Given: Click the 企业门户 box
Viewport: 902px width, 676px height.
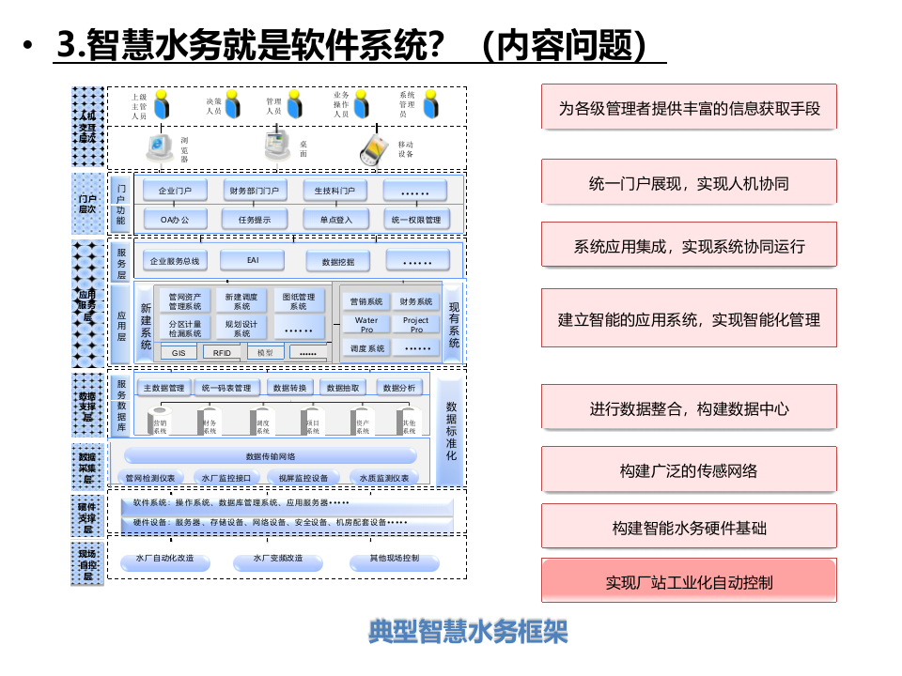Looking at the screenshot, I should click(175, 191).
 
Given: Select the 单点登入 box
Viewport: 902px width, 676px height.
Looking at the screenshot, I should click(335, 220).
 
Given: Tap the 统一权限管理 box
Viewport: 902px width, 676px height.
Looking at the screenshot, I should click(415, 220).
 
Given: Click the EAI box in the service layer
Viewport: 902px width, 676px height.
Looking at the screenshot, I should click(253, 260).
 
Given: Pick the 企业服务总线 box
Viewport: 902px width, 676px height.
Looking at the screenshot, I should click(175, 260).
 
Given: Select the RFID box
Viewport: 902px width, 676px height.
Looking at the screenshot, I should click(222, 353).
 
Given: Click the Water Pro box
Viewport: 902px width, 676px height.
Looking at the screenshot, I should click(365, 325).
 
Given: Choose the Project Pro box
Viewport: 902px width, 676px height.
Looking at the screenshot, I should click(415, 325).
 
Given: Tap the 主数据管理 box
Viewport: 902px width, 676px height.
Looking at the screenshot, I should click(163, 388).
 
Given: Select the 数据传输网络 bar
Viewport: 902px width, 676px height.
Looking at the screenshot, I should click(271, 456).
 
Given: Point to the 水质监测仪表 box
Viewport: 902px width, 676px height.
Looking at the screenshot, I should click(384, 478).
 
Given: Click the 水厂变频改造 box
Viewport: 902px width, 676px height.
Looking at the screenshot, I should click(277, 561).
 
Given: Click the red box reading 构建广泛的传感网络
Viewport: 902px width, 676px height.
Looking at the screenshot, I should click(689, 469).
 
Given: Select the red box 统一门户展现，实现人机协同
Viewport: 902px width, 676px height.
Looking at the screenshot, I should click(689, 182).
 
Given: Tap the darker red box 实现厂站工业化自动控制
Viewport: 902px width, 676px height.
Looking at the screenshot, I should click(689, 580).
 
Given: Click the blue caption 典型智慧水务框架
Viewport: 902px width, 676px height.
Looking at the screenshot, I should click(468, 632).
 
